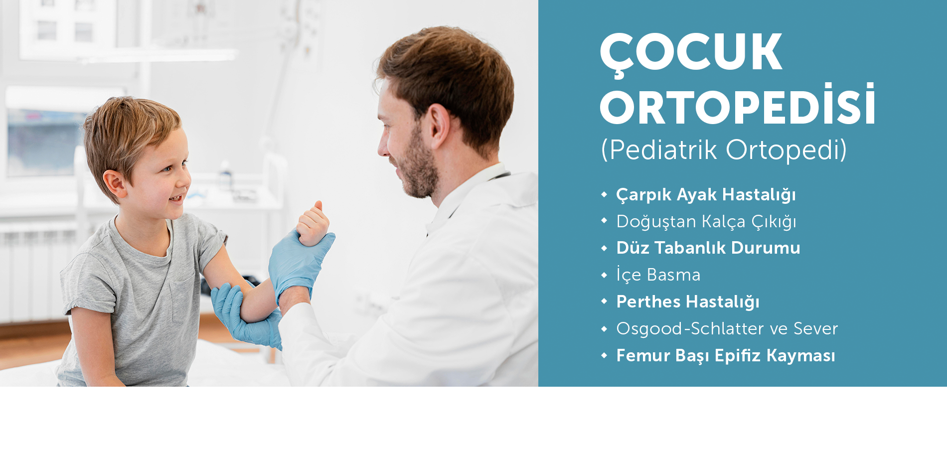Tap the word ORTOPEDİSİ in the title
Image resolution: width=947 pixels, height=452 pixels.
(738, 105)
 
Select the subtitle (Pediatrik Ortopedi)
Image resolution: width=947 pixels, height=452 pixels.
(724, 150)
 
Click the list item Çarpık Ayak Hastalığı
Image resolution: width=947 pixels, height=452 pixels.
(706, 195)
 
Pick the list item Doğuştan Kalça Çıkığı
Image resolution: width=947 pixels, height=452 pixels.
(706, 222)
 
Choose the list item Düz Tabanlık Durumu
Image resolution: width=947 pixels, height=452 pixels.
(708, 248)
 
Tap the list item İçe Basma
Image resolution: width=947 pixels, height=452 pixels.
(658, 275)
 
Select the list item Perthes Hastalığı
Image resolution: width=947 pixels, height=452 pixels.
(688, 302)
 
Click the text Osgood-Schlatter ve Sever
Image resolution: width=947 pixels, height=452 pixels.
(727, 328)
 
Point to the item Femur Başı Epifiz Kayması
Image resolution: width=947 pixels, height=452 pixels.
(726, 356)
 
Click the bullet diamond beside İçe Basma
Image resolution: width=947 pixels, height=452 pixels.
(604, 275)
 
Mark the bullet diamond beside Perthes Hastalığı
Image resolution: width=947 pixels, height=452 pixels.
(604, 301)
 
